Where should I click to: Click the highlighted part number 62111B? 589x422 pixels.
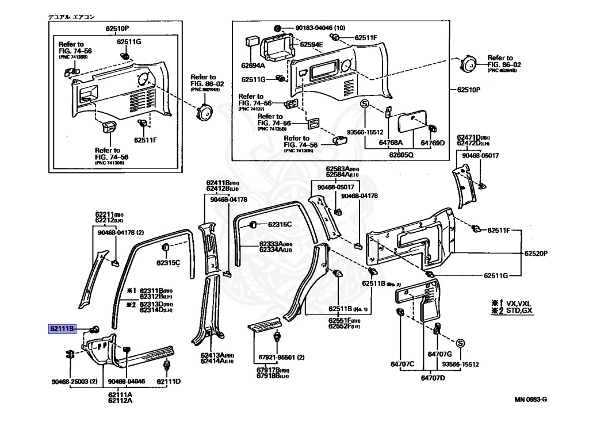(x=62, y=329)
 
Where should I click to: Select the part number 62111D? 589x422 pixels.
(x=169, y=381)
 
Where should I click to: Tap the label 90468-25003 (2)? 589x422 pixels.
(x=74, y=381)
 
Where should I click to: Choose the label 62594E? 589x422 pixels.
(x=311, y=45)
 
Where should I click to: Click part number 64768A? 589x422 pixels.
(x=391, y=143)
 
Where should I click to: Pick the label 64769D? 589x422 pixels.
(x=433, y=143)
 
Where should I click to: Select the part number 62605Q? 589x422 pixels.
(x=401, y=155)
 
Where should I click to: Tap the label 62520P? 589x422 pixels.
(x=536, y=254)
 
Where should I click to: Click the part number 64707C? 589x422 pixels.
(x=403, y=364)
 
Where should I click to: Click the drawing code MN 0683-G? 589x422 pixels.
(x=530, y=398)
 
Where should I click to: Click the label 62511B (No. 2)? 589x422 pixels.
(x=381, y=284)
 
